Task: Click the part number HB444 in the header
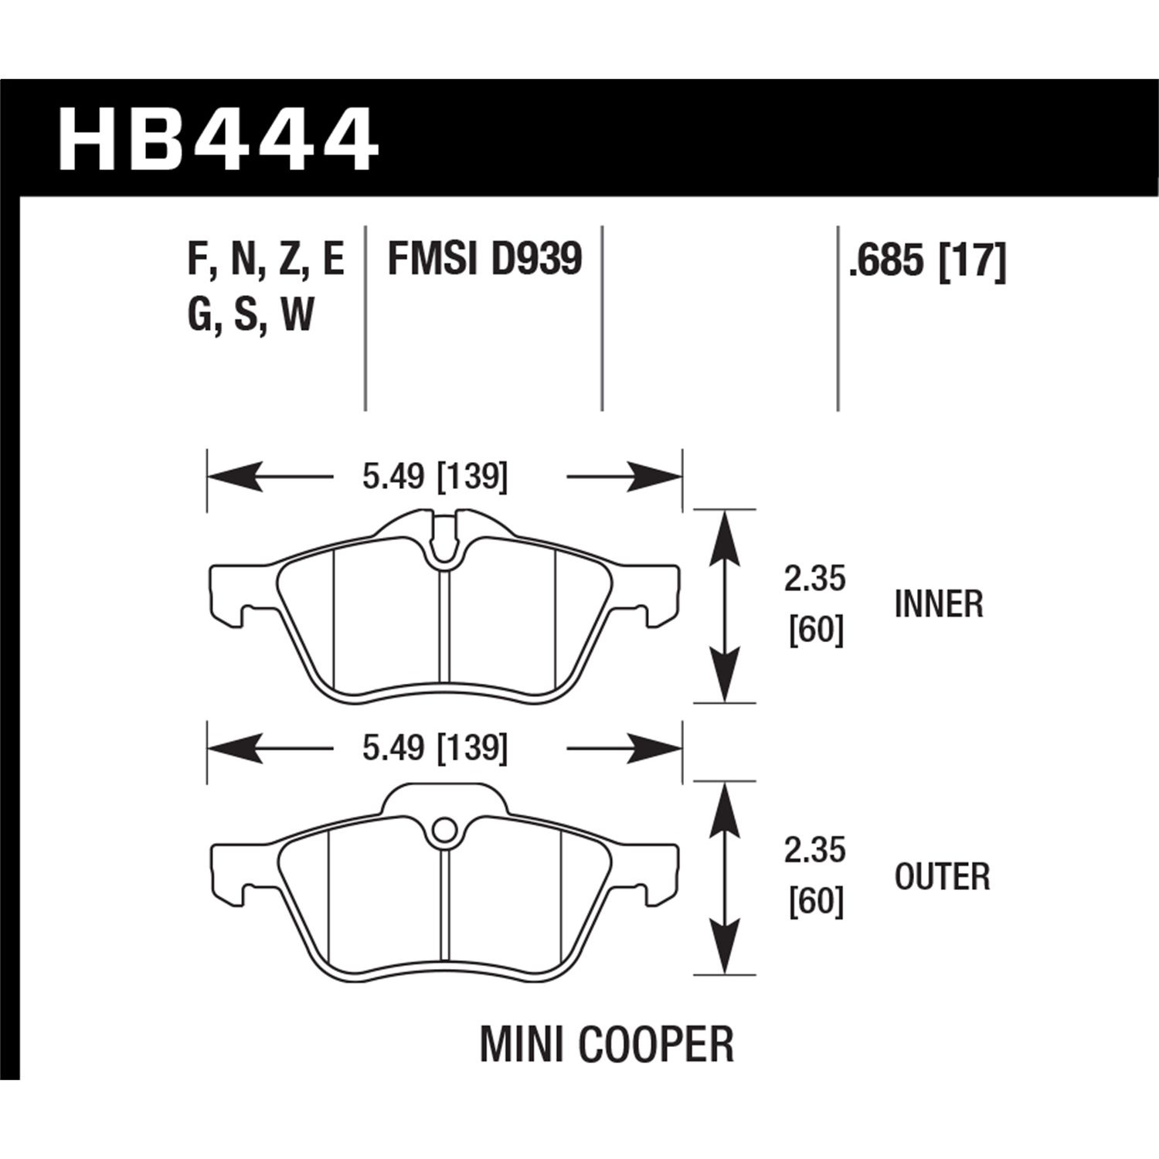click(218, 141)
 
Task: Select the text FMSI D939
click(484, 259)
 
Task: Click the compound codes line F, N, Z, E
click(265, 259)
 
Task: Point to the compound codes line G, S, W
click(250, 315)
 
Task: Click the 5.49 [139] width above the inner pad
click(435, 477)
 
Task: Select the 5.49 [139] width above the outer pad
click(435, 748)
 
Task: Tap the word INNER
click(938, 603)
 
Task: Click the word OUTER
click(942, 876)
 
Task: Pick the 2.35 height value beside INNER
click(815, 579)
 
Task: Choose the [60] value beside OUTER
click(815, 902)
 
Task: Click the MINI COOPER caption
click(607, 1044)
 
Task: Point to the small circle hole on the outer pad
click(442, 831)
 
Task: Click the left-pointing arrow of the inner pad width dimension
click(236, 477)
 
